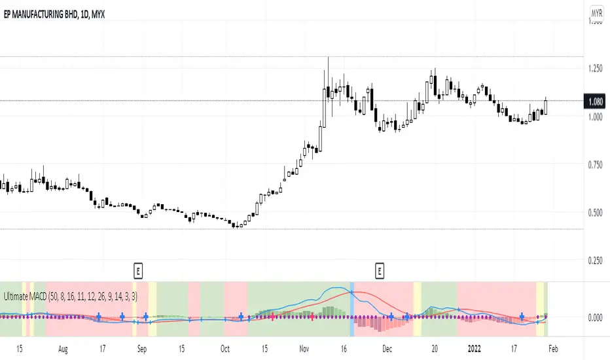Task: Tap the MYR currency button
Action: point(596,13)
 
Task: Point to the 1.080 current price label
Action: point(596,101)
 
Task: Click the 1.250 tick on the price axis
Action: point(596,69)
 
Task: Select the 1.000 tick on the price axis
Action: point(596,117)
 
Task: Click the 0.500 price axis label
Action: point(596,212)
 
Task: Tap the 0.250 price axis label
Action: point(596,261)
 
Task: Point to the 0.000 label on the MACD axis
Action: point(596,317)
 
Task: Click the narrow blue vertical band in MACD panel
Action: point(352,308)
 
